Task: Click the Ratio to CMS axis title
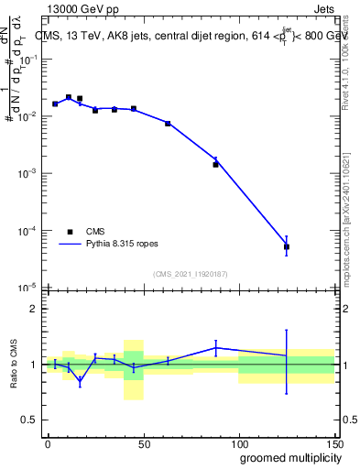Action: tap(15, 364)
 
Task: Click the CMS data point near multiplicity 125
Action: tap(287, 246)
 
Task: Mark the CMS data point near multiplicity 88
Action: tap(216, 164)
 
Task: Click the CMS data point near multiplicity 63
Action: tap(168, 123)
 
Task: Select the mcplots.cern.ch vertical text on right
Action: tap(348, 229)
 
